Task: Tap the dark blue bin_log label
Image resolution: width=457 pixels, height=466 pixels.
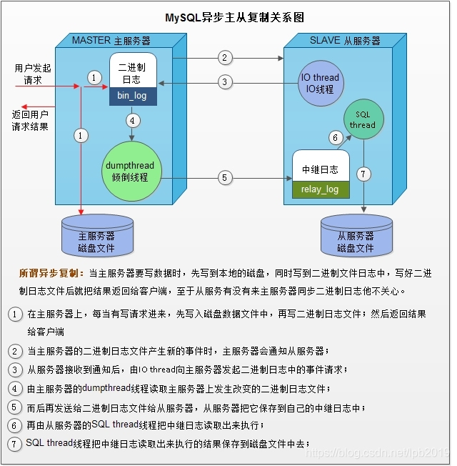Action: [132, 95]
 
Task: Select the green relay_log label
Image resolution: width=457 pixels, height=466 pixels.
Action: [320, 189]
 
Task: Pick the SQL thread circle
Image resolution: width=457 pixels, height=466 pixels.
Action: [362, 119]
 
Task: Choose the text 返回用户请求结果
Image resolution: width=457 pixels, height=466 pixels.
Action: [30, 120]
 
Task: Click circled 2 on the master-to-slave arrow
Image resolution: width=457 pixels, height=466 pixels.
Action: [224, 57]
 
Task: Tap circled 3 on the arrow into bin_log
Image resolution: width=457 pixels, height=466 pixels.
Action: [224, 82]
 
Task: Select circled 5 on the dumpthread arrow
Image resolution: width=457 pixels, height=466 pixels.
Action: [224, 178]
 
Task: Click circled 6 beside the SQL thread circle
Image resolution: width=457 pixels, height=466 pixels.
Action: [335, 137]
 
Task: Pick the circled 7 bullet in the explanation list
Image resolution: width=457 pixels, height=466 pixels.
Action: [15, 445]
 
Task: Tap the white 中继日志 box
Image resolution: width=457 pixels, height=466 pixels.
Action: [320, 169]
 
